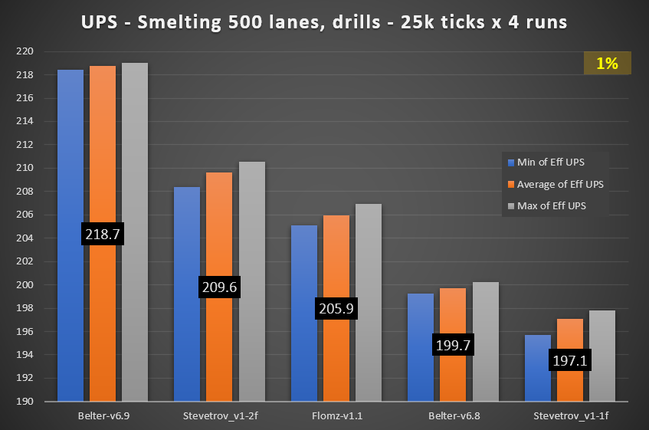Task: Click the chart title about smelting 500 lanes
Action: (324, 22)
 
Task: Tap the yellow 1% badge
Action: (607, 64)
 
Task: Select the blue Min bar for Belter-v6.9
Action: (70, 153)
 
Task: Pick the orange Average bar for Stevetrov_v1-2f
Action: (219, 230)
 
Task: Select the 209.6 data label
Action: (220, 286)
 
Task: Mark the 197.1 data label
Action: (570, 359)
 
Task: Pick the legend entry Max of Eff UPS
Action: (556, 205)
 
